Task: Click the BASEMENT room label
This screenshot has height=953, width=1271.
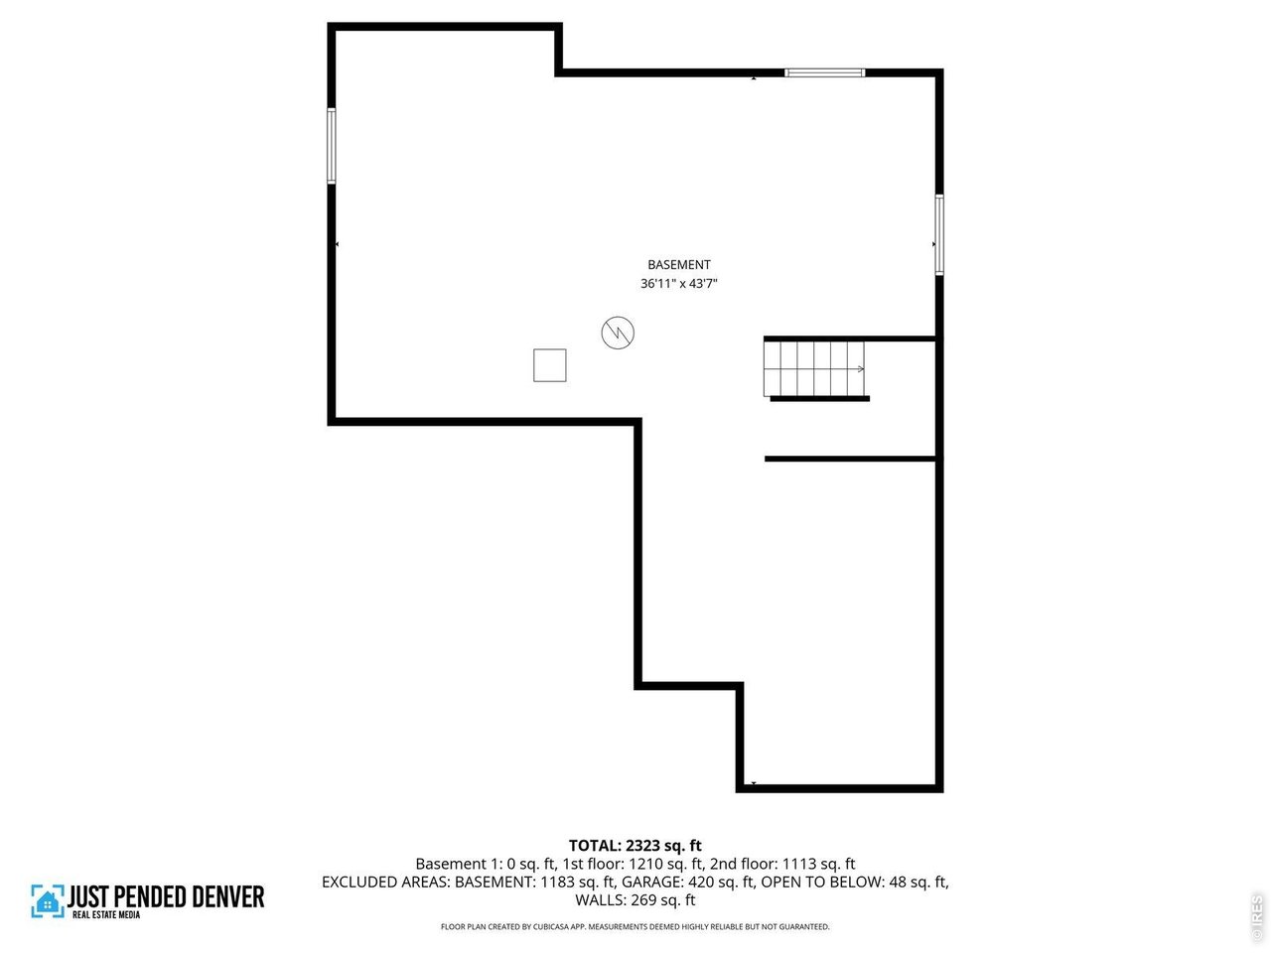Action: click(x=679, y=265)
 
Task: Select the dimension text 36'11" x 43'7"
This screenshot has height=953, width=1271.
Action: click(x=679, y=284)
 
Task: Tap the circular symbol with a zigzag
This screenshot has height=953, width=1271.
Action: click(x=618, y=333)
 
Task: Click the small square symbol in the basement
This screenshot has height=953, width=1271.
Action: click(x=550, y=365)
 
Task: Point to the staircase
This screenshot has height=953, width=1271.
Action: click(x=815, y=368)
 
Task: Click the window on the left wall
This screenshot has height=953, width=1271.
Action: click(x=332, y=146)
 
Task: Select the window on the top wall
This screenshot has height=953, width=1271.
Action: click(x=824, y=72)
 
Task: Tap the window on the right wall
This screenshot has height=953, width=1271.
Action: click(x=938, y=234)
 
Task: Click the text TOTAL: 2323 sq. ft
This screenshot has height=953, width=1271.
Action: click(x=635, y=846)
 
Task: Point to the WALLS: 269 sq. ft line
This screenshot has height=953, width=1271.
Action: click(x=635, y=900)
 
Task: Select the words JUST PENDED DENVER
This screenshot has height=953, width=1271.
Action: click(x=166, y=897)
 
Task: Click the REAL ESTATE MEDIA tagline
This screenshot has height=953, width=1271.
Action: click(x=106, y=914)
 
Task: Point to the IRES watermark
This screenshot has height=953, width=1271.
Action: click(x=1257, y=915)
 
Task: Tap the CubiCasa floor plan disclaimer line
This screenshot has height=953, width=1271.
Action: click(x=635, y=927)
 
